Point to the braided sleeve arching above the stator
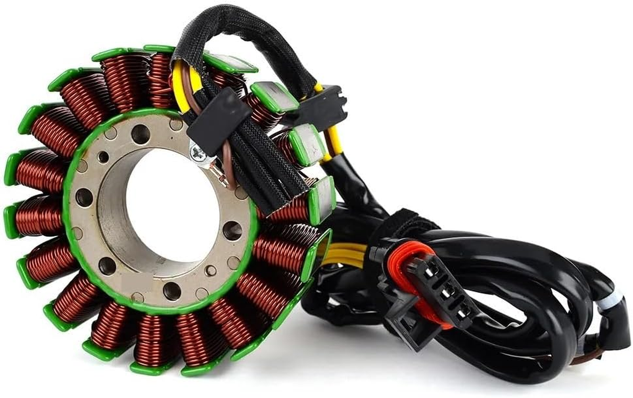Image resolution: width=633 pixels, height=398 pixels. (239, 25)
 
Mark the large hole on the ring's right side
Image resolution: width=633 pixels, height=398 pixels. (232, 229)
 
